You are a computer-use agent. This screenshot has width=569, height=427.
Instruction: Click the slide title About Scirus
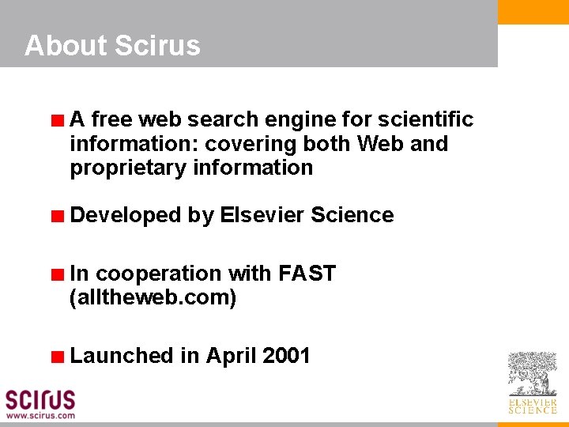click(112, 46)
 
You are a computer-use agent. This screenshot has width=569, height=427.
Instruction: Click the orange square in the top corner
click(533, 12)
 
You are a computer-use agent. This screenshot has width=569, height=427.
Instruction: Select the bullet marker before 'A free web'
click(57, 122)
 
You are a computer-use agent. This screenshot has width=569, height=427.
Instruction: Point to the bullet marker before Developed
click(57, 217)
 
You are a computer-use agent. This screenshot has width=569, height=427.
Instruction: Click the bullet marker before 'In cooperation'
click(57, 276)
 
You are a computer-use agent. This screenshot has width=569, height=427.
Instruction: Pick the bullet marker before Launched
click(57, 357)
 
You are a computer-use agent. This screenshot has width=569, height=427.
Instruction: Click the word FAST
click(307, 274)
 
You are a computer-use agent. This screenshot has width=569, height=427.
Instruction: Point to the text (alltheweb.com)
click(153, 298)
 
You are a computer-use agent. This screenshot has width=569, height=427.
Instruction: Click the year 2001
click(286, 356)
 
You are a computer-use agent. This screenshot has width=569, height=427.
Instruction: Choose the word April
click(231, 356)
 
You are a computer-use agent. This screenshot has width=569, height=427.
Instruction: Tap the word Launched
click(122, 356)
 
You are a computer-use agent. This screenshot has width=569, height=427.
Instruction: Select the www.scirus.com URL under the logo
click(40, 415)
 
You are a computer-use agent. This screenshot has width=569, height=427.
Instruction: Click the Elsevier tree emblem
click(532, 374)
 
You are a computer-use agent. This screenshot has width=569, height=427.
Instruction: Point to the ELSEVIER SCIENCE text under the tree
click(532, 406)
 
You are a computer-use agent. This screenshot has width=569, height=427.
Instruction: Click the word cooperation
click(158, 274)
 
